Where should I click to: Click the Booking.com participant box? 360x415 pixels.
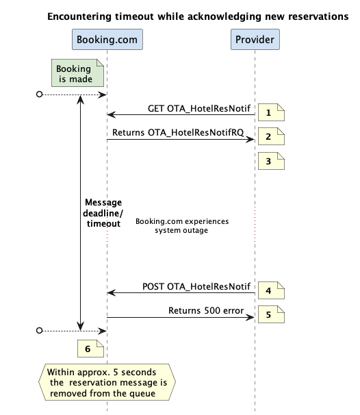pos(107,40)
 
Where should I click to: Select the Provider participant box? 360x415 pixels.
pos(255,40)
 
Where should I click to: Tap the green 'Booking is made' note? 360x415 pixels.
pos(77,73)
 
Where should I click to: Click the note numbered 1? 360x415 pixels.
pos(271,112)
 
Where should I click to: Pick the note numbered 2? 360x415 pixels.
pos(271,136)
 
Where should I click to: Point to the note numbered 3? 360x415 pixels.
pos(271,161)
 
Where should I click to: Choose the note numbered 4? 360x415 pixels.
pos(271,290)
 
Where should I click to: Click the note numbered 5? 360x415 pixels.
pos(271,314)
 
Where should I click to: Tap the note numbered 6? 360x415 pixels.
pos(90,349)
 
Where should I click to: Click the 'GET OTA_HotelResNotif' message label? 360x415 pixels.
pos(199,108)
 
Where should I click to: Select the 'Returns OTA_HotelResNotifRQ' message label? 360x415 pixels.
pos(178,132)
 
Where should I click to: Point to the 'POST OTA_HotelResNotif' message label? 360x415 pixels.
pos(196,286)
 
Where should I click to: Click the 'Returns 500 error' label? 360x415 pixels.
pos(206,310)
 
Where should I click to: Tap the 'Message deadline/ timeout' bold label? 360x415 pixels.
pos(103,213)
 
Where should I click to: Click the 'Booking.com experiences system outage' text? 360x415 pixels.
pos(182,226)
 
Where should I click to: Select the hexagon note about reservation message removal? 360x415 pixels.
pos(107,382)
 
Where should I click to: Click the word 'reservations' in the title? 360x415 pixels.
pos(318,16)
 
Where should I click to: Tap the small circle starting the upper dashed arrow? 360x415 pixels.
pos(40,95)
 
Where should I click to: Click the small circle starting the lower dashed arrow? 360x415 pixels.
pos(40,331)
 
